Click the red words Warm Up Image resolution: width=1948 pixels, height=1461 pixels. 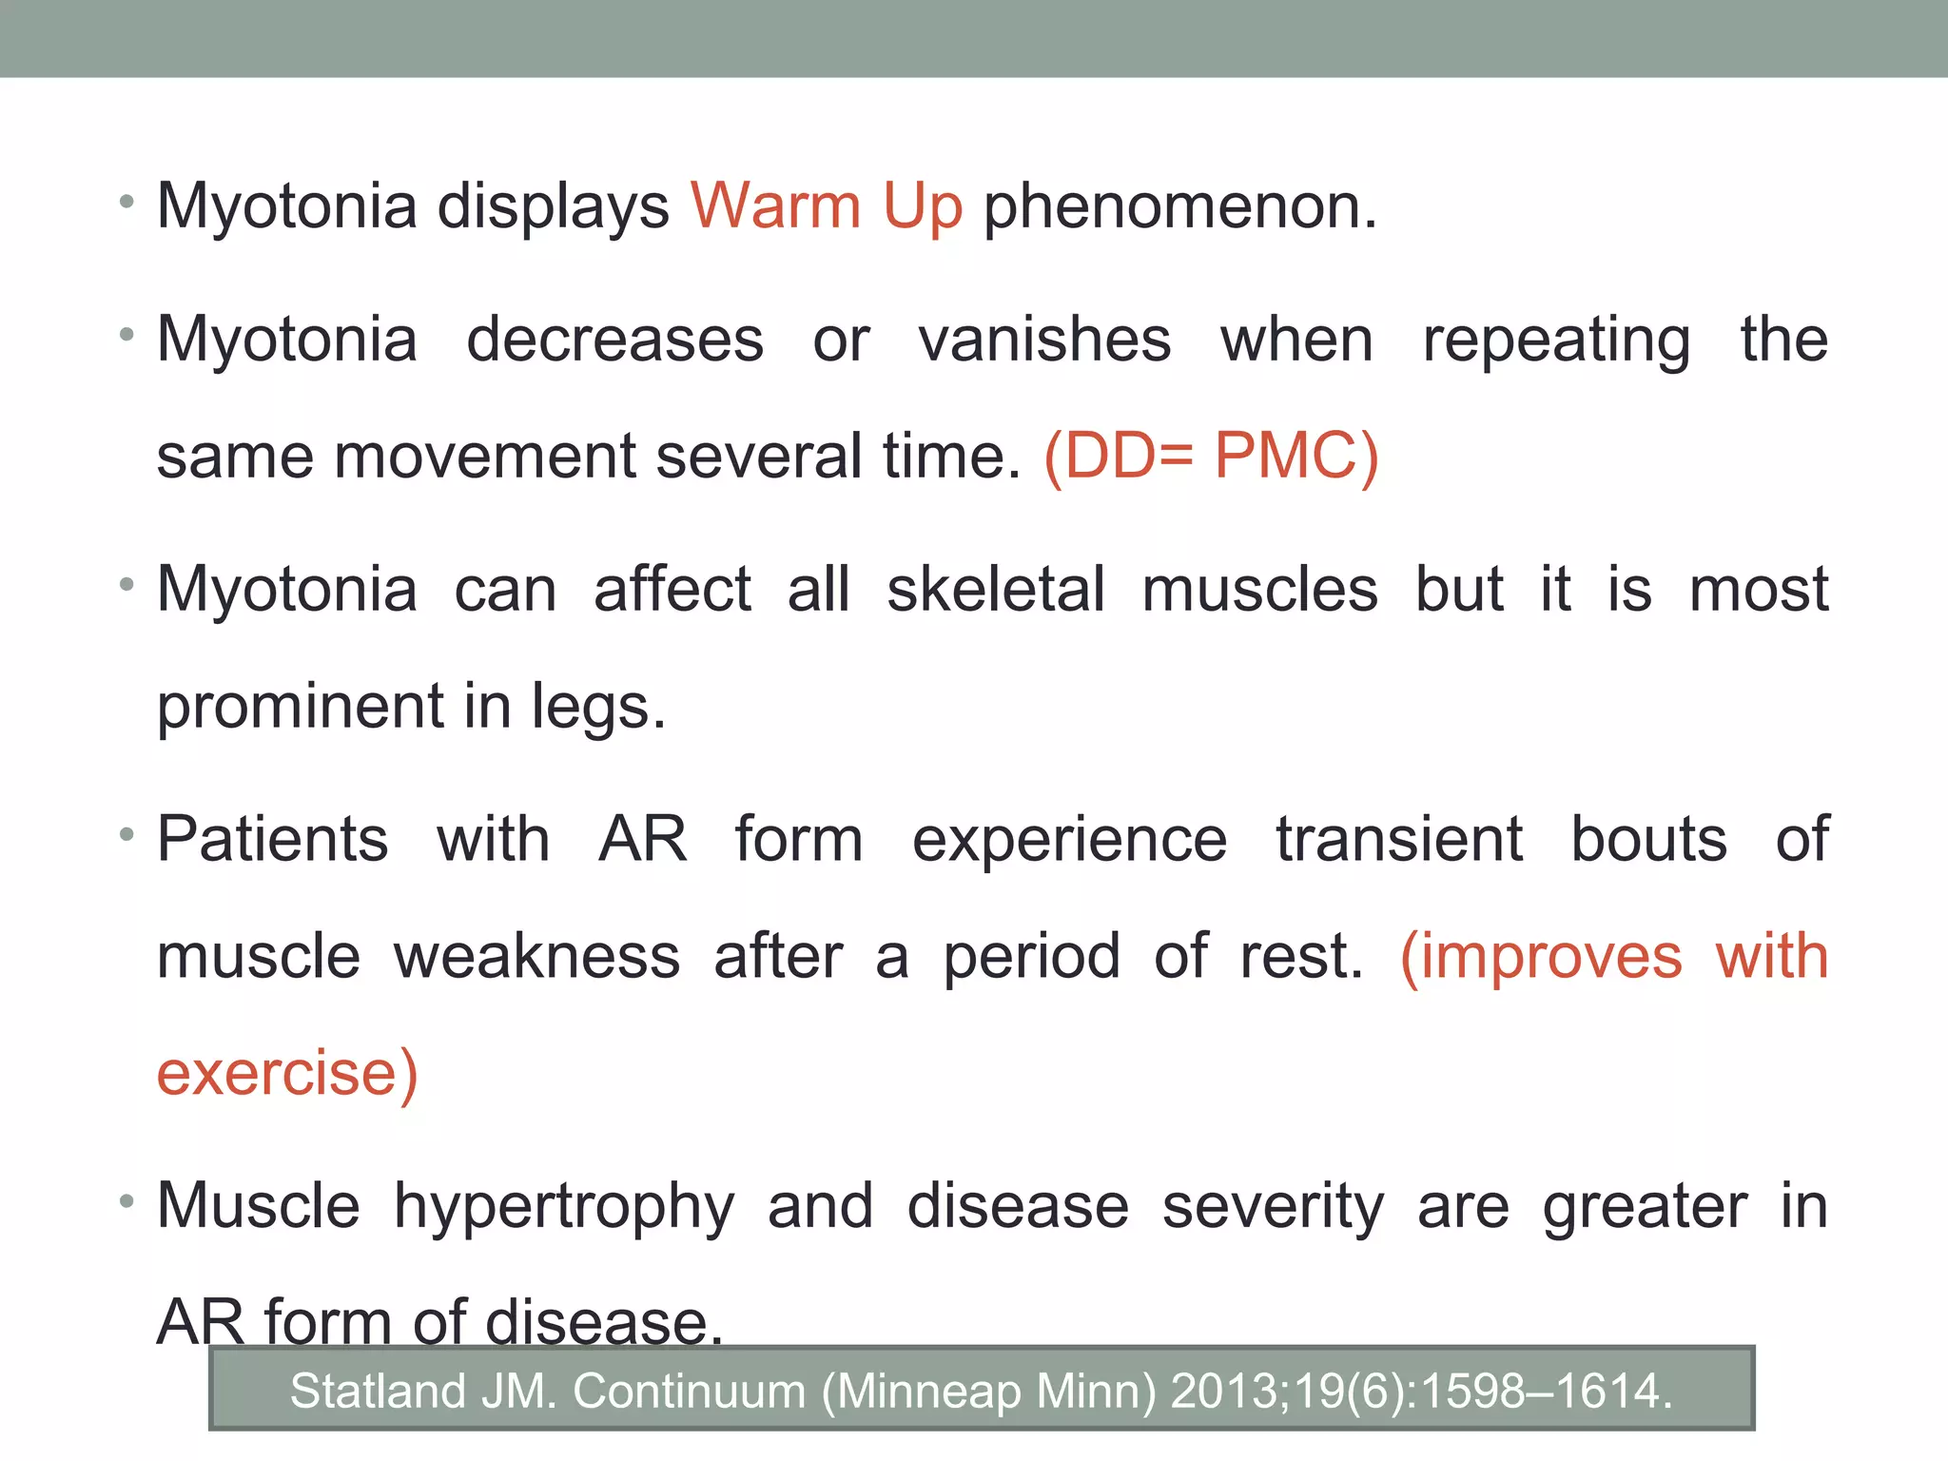pos(826,206)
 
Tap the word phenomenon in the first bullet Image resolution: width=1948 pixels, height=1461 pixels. pos(1179,206)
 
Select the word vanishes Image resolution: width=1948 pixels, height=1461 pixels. pos(1043,340)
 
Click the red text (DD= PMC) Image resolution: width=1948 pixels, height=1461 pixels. pos(1210,457)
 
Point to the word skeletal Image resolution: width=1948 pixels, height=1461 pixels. pos(995,590)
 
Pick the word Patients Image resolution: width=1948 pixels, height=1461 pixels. pos(272,840)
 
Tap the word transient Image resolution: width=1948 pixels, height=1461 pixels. pos(1398,840)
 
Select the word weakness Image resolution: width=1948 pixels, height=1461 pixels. pos(536,957)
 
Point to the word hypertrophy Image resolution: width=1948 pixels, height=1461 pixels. pos(564,1207)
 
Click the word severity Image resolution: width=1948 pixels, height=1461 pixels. pos(1273,1207)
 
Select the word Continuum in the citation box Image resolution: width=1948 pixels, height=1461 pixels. pos(689,1391)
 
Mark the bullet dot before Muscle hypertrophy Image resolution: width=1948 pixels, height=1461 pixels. pos(127,1201)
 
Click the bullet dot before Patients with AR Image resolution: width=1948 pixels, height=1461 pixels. pos(127,834)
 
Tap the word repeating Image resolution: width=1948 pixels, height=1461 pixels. pos(1556,340)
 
